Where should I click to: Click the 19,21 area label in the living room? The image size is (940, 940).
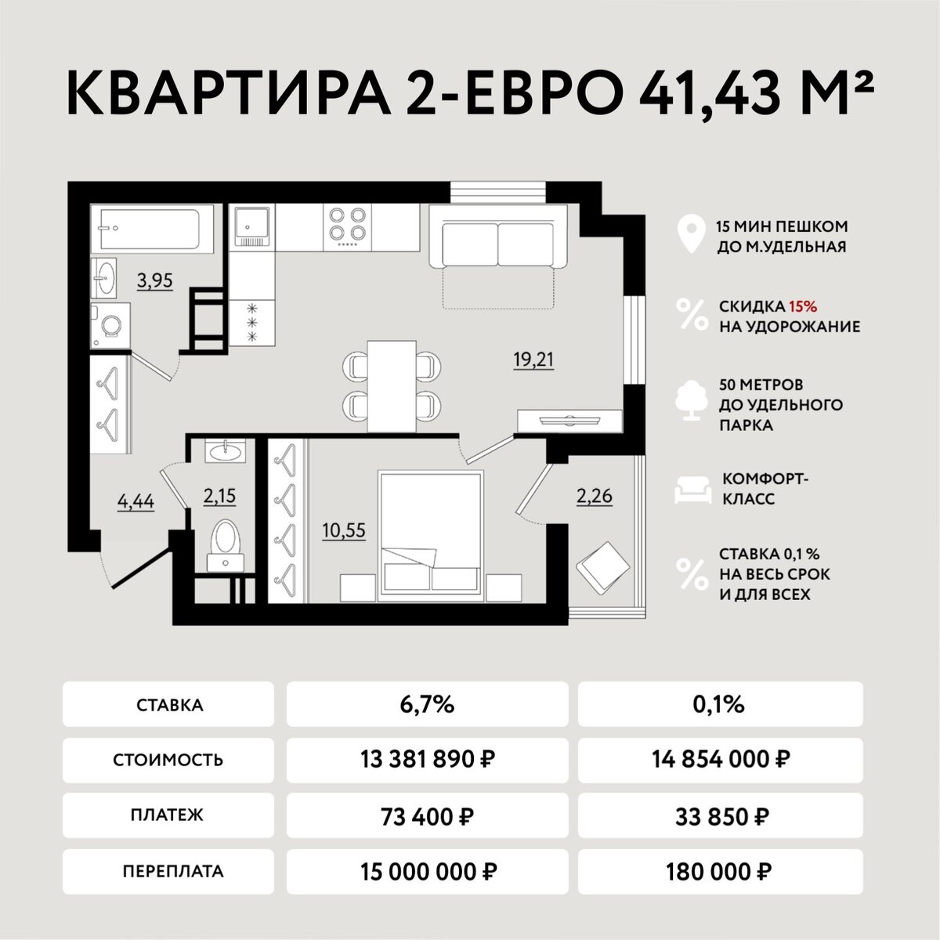click(533, 360)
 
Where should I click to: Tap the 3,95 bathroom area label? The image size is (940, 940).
click(154, 280)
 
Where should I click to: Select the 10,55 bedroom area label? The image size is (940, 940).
click(343, 530)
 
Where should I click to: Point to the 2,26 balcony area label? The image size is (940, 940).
click(594, 496)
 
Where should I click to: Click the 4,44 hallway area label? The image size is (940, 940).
click(136, 501)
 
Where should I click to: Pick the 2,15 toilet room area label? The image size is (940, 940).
click(219, 496)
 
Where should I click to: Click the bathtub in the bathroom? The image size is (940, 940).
click(152, 228)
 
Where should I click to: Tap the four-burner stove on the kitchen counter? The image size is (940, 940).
click(347, 227)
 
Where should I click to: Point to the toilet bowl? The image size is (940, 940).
click(226, 545)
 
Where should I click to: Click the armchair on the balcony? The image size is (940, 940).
click(603, 567)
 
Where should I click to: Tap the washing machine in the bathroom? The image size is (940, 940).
click(110, 325)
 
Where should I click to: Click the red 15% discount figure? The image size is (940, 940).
click(803, 306)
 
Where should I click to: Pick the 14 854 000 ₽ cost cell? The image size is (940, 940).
click(720, 759)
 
